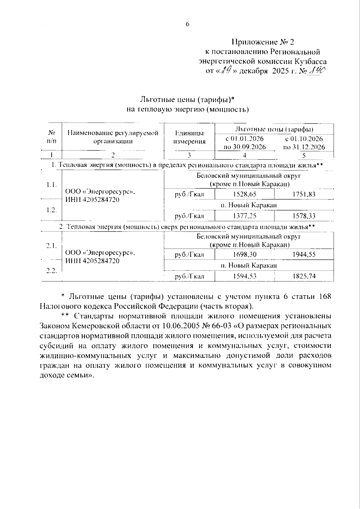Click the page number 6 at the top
(x=187, y=25)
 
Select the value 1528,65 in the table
(x=244, y=194)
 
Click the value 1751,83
(x=304, y=194)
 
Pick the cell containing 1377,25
(x=244, y=216)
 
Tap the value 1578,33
(x=304, y=216)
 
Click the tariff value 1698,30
(x=244, y=255)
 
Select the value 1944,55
(x=304, y=255)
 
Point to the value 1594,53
(x=244, y=276)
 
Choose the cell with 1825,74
(x=304, y=276)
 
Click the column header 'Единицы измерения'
(x=190, y=137)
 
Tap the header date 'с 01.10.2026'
(x=304, y=139)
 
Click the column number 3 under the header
(x=189, y=155)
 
